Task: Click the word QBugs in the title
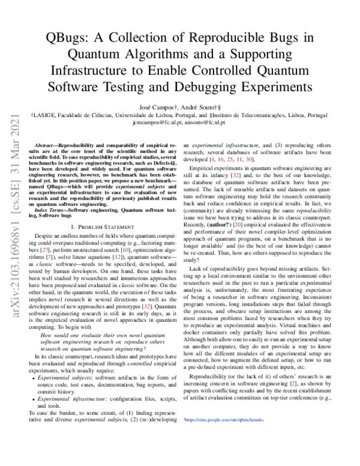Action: pos(64,38)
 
